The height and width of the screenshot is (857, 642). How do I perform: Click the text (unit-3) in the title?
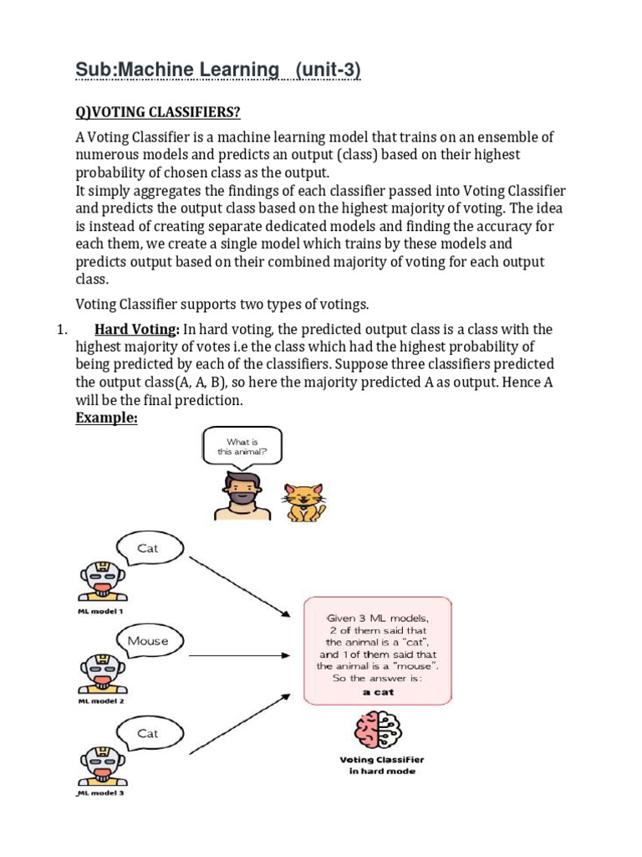click(x=323, y=72)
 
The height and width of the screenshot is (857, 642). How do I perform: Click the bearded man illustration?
click(x=242, y=495)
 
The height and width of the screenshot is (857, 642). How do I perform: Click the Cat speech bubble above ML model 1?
click(x=148, y=549)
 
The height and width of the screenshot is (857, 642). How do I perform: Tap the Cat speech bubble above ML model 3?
click(x=148, y=733)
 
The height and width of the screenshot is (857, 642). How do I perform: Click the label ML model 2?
click(x=100, y=701)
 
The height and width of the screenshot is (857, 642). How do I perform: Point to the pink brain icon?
click(x=377, y=730)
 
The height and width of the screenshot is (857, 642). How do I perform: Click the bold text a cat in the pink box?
click(x=377, y=692)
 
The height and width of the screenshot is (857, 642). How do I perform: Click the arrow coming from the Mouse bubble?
click(x=242, y=644)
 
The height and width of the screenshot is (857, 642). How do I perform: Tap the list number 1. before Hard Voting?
click(x=61, y=329)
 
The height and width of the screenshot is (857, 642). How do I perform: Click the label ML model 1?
click(x=100, y=611)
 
